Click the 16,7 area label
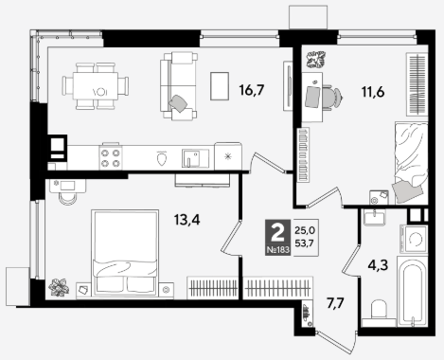[x=251, y=90]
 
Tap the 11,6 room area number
[x=373, y=92]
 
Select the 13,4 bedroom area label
[x=186, y=219]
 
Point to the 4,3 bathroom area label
[x=378, y=264]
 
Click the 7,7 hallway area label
[x=335, y=303]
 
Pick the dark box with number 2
[x=277, y=237]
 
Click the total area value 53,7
[x=305, y=243]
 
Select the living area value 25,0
[x=305, y=230]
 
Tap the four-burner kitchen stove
[x=111, y=157]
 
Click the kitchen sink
[x=195, y=158]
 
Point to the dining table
[x=96, y=86]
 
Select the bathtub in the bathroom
[x=412, y=292]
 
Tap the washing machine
[x=414, y=239]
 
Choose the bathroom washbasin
[x=374, y=218]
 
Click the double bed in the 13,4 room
[x=125, y=253]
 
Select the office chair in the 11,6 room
[x=332, y=97]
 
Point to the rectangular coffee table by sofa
[x=220, y=86]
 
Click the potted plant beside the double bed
[x=59, y=287]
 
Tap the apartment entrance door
[x=336, y=343]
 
